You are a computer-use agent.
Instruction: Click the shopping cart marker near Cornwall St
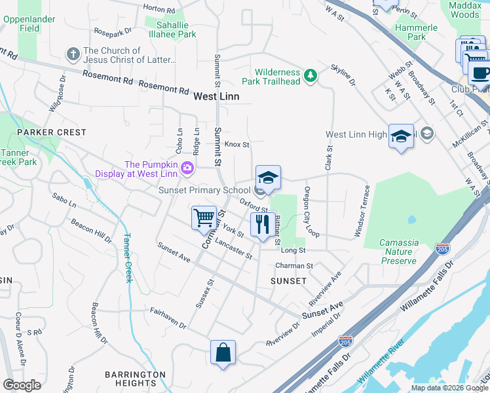point(204,217)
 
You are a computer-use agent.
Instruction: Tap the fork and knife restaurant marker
point(263,225)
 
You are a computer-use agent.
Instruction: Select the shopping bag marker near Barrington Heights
point(223,352)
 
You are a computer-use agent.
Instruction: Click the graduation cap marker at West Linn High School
point(401,137)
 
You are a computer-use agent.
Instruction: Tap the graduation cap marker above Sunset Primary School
point(267,178)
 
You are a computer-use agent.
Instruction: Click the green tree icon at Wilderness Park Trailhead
point(311,77)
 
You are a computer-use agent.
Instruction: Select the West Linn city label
point(216,96)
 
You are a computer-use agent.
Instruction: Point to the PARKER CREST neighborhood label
point(52,132)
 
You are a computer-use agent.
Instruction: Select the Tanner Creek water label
point(126,258)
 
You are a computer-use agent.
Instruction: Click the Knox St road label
point(237,145)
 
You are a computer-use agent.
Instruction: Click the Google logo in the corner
point(22,385)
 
